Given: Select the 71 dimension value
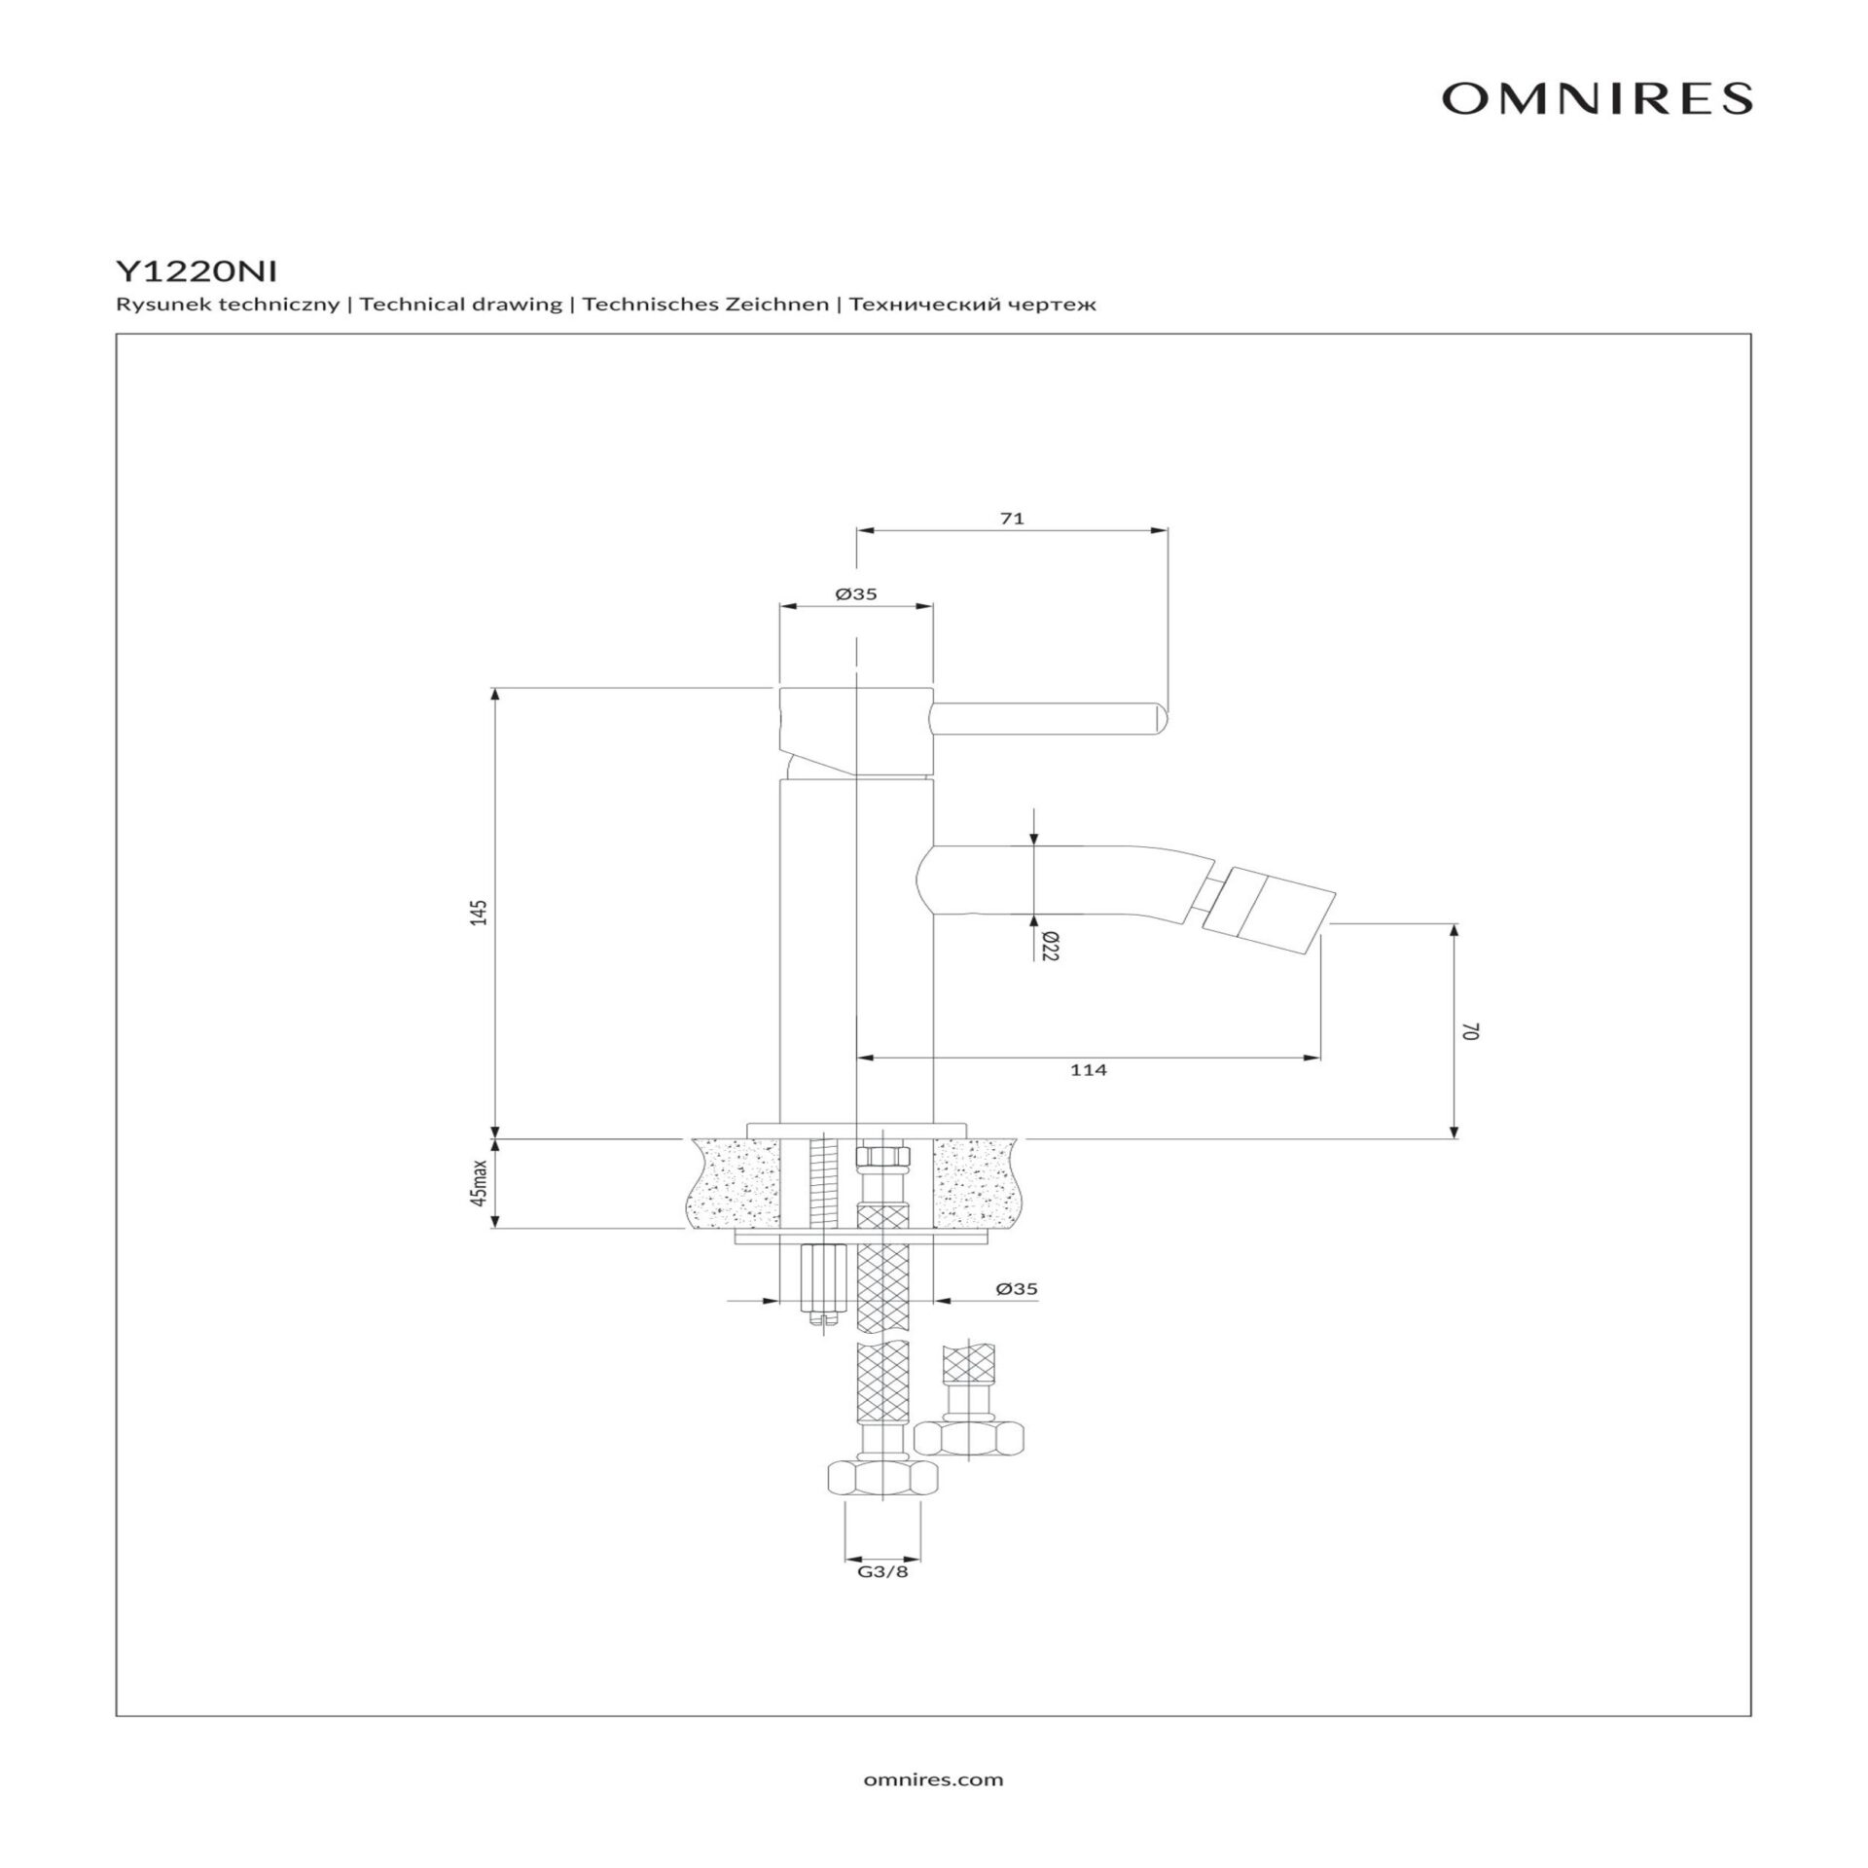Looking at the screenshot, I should (x=1012, y=519).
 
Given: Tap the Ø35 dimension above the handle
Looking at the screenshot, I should (x=856, y=593).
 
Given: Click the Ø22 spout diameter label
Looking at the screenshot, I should (x=1050, y=945).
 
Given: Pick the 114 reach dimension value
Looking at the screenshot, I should (x=1088, y=1070).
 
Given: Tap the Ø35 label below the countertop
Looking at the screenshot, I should (x=1017, y=1289).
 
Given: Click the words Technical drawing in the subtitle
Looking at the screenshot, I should (x=460, y=305).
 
